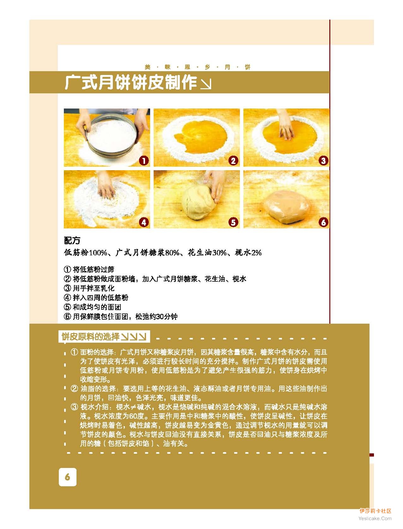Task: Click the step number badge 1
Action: click(x=144, y=161)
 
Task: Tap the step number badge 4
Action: click(x=144, y=222)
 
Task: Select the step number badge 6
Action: click(x=323, y=222)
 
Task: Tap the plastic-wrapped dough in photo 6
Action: click(x=287, y=206)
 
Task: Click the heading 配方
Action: click(x=72, y=240)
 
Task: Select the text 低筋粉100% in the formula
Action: click(x=85, y=252)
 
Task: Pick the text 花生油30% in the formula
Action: click(x=207, y=252)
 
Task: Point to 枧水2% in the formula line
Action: click(x=248, y=252)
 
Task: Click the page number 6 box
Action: click(x=68, y=477)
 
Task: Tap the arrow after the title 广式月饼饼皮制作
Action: click(x=206, y=84)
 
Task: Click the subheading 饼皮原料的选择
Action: click(x=90, y=336)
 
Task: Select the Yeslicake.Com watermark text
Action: click(x=375, y=518)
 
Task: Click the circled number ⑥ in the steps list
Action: click(x=67, y=316)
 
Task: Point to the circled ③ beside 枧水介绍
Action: click(x=74, y=407)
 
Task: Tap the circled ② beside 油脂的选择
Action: click(x=74, y=389)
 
